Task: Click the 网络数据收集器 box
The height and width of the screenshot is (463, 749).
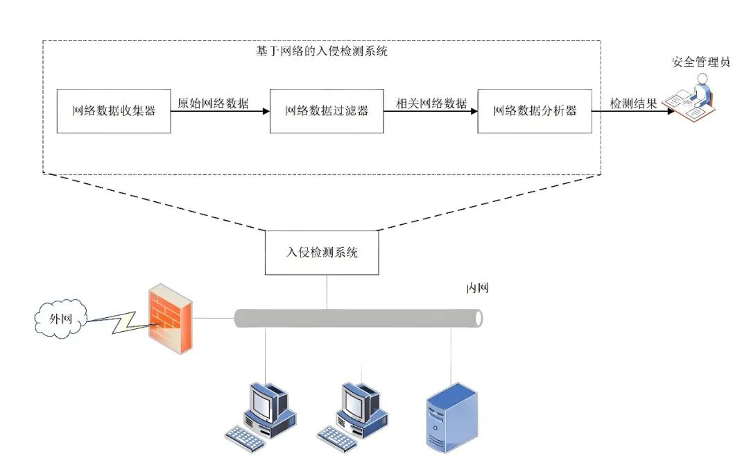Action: (114, 111)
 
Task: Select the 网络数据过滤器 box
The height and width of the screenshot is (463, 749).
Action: (326, 111)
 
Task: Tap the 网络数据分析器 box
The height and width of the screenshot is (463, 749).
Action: (535, 111)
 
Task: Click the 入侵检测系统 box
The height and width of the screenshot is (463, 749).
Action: (322, 253)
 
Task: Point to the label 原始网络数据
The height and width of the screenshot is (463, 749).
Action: (213, 103)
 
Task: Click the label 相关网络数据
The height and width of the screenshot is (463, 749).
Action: (431, 103)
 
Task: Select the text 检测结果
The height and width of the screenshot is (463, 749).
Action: (633, 103)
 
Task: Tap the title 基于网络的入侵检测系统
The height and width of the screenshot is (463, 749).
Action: (322, 51)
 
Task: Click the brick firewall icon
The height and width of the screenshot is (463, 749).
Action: (170, 319)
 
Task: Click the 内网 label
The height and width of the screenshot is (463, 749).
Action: (477, 288)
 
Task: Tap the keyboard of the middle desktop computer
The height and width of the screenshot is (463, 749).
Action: (338, 435)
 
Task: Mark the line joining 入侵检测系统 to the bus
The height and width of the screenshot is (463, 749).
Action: (326, 292)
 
